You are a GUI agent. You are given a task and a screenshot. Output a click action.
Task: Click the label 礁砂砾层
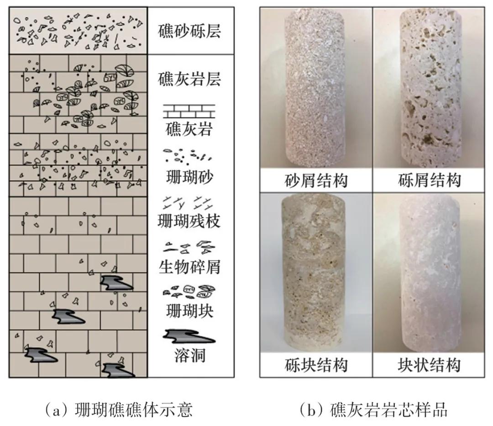click(189, 32)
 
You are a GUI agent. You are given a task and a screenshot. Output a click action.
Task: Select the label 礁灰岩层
click(189, 79)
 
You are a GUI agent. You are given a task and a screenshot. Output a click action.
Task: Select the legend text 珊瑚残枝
click(189, 221)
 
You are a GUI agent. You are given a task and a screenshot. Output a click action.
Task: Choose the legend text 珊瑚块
click(189, 311)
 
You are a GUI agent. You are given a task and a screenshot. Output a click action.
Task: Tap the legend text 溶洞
click(189, 355)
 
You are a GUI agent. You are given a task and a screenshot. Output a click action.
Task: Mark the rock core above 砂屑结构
click(315, 89)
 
